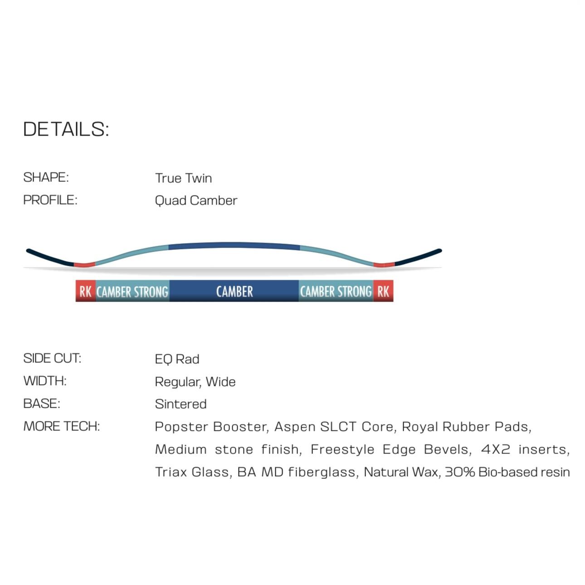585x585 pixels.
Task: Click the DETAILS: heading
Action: tap(66, 129)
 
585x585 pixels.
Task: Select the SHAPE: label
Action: tap(46, 177)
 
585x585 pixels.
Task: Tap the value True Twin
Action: tap(183, 178)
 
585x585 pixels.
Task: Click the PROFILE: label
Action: tap(50, 200)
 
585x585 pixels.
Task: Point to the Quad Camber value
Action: tap(196, 200)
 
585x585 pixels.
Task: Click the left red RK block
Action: tap(85, 291)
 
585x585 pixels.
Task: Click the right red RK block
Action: tap(383, 291)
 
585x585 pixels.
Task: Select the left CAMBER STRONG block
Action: tap(132, 291)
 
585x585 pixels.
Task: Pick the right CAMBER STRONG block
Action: tap(336, 291)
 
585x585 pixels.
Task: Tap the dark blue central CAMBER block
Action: tap(234, 291)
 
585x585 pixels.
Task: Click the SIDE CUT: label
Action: tap(52, 358)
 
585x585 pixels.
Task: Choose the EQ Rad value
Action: tap(177, 359)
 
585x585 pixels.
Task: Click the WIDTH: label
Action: tap(45, 381)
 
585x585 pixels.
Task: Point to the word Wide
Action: tap(221, 382)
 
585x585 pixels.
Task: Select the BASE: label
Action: tap(42, 404)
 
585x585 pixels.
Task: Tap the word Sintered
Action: tap(180, 404)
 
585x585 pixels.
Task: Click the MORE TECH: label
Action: tap(61, 426)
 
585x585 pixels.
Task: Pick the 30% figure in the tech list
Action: tap(459, 472)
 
